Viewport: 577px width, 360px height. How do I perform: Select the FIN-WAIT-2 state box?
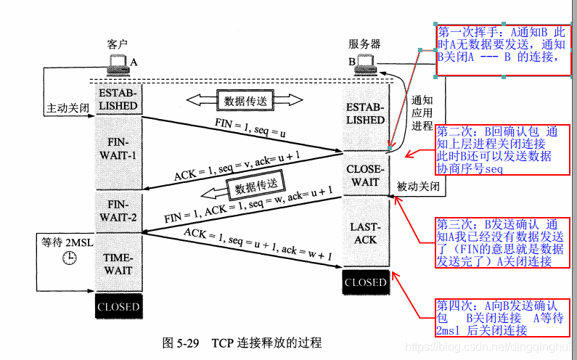coord(118,210)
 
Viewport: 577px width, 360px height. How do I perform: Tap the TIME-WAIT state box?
coord(118,263)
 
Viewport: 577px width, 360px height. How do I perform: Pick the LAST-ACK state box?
coord(365,232)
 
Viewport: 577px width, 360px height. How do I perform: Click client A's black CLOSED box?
coord(118,306)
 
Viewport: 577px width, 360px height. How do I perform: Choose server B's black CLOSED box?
coord(365,282)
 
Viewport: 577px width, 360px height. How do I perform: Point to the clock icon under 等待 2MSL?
coord(69,258)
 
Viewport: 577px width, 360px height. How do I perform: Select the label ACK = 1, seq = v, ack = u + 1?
coord(237,166)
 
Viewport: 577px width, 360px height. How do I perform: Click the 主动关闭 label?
coord(67,107)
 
